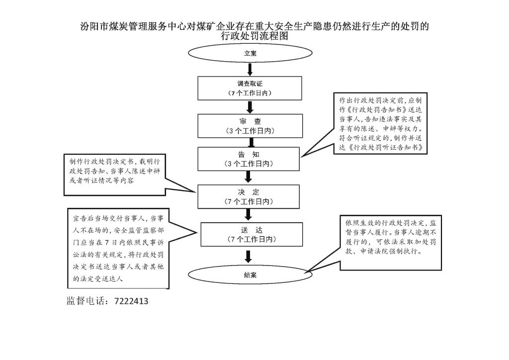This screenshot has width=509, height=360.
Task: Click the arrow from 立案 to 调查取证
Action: (x=250, y=70)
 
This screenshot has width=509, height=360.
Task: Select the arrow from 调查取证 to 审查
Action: (x=250, y=107)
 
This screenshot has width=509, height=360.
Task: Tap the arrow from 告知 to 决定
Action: (x=249, y=177)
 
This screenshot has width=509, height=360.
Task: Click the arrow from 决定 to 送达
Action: (x=249, y=215)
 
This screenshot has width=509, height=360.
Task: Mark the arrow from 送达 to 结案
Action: (x=249, y=257)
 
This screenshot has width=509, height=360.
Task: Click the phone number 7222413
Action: (x=131, y=301)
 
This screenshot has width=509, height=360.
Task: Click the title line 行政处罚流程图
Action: (x=254, y=36)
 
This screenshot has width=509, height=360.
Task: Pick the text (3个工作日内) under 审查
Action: (x=250, y=131)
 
